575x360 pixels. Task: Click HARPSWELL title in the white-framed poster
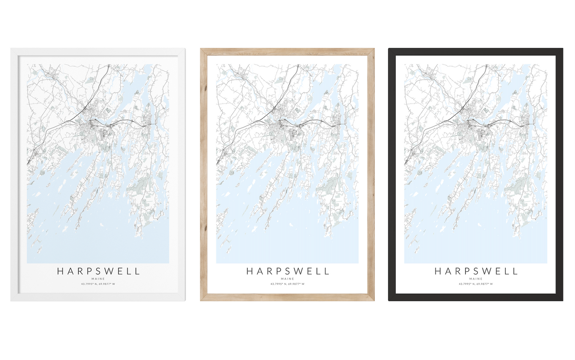[x=98, y=272]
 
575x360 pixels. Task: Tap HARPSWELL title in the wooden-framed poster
[x=287, y=272]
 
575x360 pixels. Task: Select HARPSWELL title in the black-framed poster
[x=476, y=272]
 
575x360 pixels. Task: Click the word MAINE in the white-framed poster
[x=98, y=279]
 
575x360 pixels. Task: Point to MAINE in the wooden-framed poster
[x=287, y=279]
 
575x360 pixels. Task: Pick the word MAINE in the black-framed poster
[x=476, y=279]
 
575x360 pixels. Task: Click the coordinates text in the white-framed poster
[x=98, y=284]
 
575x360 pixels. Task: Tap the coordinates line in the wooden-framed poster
[x=287, y=284]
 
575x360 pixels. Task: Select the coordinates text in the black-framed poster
[x=476, y=284]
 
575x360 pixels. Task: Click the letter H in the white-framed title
[x=60, y=272]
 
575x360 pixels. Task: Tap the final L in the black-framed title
[x=515, y=272]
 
